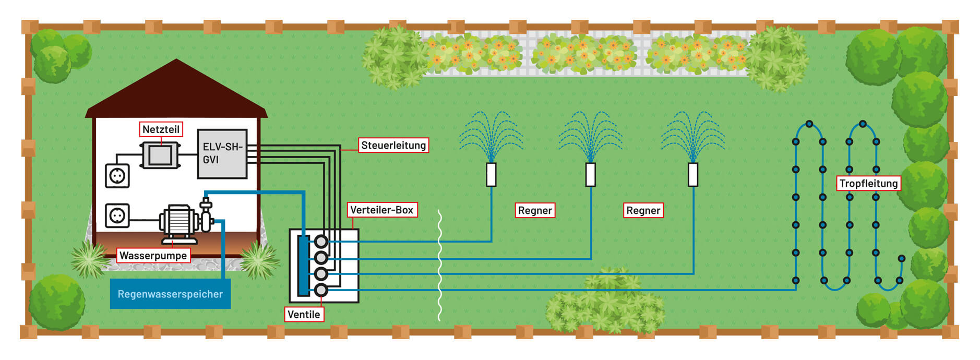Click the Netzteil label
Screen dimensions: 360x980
pyautogui.click(x=161, y=129)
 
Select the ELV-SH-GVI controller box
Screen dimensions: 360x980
pyautogui.click(x=222, y=154)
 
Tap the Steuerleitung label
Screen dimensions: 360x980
pyautogui.click(x=393, y=146)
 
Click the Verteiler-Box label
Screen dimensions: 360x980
pyautogui.click(x=381, y=210)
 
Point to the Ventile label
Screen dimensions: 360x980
pyautogui.click(x=304, y=315)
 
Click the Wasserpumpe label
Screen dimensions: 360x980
pyautogui.click(x=153, y=256)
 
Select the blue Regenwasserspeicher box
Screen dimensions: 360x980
pyautogui.click(x=170, y=294)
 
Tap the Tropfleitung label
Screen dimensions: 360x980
pyautogui.click(x=868, y=184)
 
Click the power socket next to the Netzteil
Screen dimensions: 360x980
pyautogui.click(x=117, y=176)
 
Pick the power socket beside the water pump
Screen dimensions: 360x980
pyautogui.click(x=117, y=215)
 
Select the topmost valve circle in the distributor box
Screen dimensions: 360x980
pyautogui.click(x=321, y=242)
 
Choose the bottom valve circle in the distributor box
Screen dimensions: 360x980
pyautogui.click(x=321, y=290)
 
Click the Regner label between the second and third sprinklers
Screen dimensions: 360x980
pyautogui.click(x=643, y=211)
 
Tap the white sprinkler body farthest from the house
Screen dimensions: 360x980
pyautogui.click(x=693, y=175)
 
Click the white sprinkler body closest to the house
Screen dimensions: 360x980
pyautogui.click(x=491, y=175)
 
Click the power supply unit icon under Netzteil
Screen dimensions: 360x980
pyautogui.click(x=160, y=155)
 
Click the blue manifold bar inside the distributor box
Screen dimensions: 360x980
pyautogui.click(x=303, y=266)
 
